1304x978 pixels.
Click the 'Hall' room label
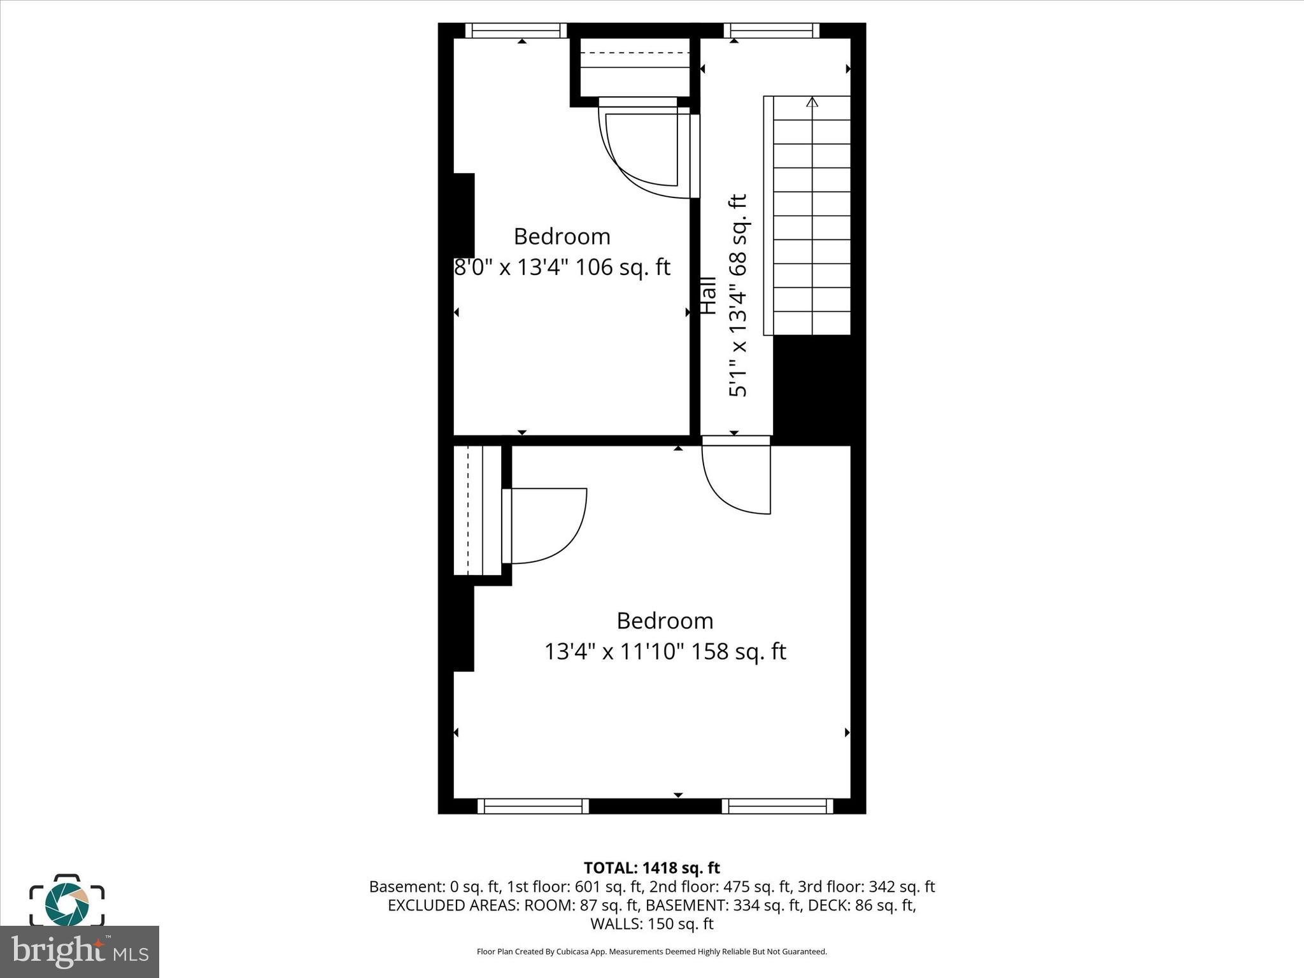point(708,295)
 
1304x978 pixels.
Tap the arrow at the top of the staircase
point(812,101)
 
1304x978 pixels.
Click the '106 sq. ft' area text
point(623,267)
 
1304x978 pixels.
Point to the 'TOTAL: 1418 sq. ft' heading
point(651,868)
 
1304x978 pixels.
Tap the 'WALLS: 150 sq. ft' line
point(651,924)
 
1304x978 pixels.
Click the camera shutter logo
point(66,900)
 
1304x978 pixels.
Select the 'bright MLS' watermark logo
point(80,951)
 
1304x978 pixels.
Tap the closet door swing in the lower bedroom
point(546,525)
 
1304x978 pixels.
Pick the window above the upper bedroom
point(516,31)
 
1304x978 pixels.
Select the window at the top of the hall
point(772,31)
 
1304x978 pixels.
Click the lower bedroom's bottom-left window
point(533,806)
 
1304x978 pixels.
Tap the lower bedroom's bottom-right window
point(777,806)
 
